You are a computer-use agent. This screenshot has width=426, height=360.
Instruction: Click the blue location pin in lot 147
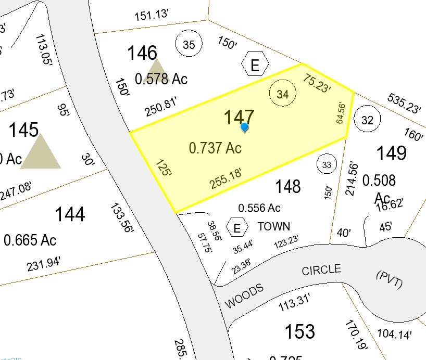tap(244, 127)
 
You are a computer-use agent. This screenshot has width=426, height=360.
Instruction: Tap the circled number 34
tap(282, 94)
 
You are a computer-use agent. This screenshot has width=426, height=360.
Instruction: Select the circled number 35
tap(189, 45)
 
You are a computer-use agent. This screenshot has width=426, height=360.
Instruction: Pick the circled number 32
tap(367, 121)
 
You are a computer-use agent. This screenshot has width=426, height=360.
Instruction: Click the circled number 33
tap(327, 165)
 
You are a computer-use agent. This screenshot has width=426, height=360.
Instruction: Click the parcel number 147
tap(239, 118)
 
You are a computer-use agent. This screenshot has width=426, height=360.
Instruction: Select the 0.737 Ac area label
tap(215, 148)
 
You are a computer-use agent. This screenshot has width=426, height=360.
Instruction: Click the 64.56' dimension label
tap(341, 112)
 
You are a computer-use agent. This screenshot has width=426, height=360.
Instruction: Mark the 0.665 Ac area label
tap(30, 240)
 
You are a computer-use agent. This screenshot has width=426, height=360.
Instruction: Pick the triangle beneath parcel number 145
tap(41, 151)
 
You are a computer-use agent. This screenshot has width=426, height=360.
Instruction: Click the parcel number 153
tap(300, 331)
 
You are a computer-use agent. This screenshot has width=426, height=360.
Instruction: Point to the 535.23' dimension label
tap(404, 104)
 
